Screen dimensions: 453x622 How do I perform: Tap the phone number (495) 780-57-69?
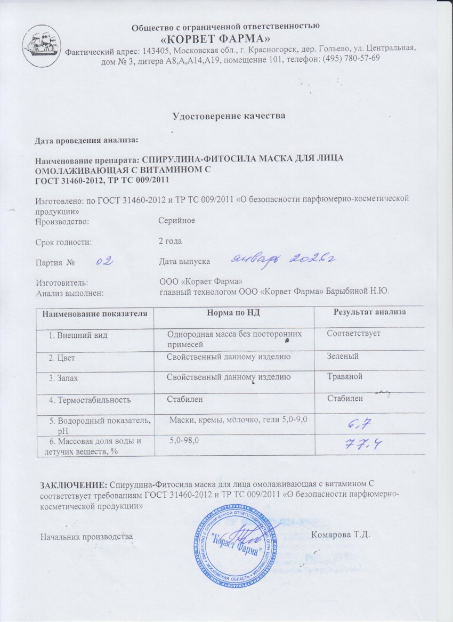point(349,58)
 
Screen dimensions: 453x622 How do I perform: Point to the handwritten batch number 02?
point(103,262)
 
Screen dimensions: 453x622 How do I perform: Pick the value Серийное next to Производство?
point(177,220)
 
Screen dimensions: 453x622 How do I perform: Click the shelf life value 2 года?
point(171,241)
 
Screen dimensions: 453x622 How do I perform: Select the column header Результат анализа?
point(369,311)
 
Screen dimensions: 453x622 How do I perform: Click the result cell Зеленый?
point(343,356)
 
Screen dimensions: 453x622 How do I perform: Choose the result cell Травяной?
point(345,377)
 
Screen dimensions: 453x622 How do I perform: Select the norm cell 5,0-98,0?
point(185,440)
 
